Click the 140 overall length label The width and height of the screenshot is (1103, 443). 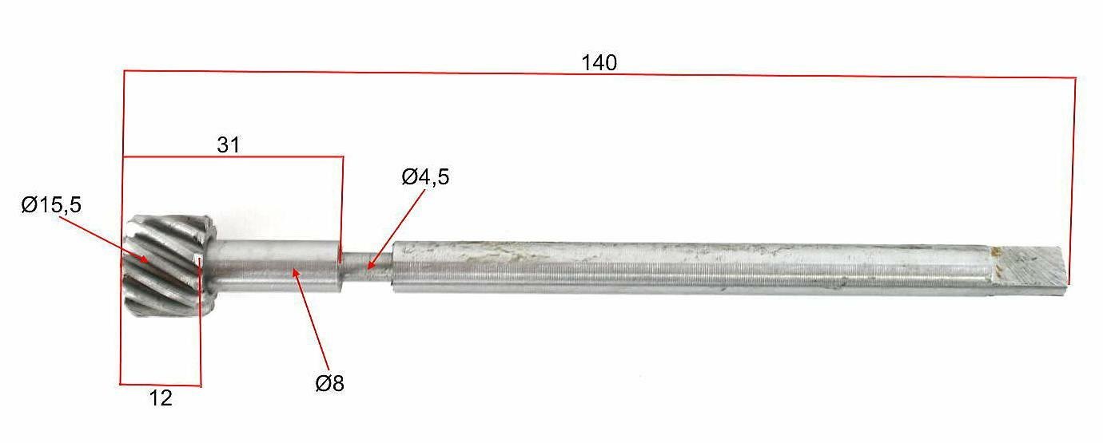click(599, 63)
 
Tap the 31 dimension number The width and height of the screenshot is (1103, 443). click(229, 145)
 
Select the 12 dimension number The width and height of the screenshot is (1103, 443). click(161, 398)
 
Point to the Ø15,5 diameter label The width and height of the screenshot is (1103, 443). click(51, 204)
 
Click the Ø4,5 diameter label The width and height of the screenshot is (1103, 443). click(425, 176)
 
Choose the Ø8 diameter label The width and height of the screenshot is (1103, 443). click(329, 383)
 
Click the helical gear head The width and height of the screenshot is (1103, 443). click(167, 266)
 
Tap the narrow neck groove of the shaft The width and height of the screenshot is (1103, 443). click(367, 267)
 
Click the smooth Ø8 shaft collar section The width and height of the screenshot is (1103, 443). click(277, 266)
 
